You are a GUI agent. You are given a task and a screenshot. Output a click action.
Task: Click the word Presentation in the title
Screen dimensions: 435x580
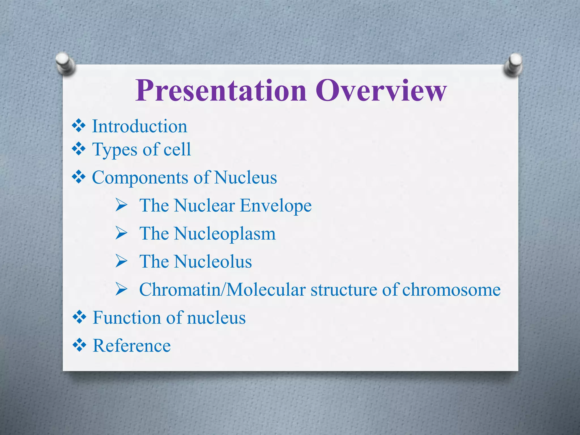pos(221,91)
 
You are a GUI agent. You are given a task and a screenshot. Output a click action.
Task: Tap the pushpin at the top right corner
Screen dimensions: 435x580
pos(513,65)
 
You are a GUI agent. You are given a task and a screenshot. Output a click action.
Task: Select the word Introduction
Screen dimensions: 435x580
pos(140,126)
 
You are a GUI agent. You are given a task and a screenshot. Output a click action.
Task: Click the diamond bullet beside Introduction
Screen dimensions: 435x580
pos(79,126)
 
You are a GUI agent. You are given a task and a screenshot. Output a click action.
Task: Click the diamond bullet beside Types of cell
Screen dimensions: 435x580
pos(79,149)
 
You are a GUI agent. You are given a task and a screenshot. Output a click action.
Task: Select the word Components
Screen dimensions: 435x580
pos(140,178)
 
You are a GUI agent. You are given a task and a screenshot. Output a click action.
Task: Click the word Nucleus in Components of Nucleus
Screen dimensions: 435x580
pos(246,178)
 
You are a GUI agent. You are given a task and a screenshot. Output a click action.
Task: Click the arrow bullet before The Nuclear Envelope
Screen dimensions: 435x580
pos(121,205)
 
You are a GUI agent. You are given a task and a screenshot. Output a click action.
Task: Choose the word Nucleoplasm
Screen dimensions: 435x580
pos(225,234)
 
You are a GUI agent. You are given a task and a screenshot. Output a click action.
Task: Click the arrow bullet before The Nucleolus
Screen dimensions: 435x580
pos(121,261)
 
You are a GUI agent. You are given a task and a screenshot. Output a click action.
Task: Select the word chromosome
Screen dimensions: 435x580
pos(451,290)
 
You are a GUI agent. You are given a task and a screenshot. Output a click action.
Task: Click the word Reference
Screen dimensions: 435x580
pos(132,346)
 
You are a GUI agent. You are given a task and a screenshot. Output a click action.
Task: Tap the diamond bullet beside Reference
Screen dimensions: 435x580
pos(79,345)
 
